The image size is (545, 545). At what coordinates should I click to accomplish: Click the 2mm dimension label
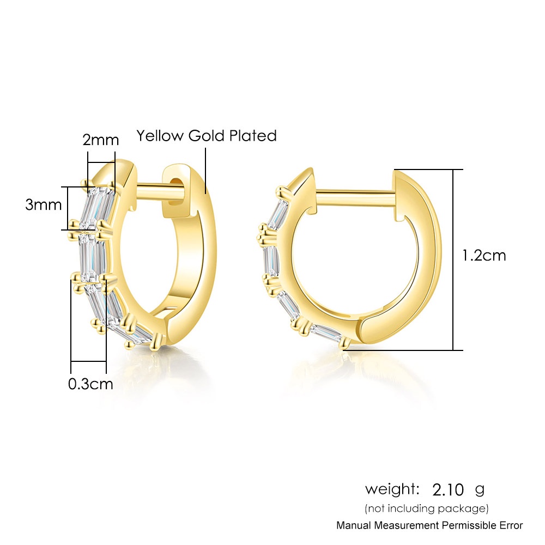point(100,140)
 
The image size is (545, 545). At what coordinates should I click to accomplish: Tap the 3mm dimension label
point(43,204)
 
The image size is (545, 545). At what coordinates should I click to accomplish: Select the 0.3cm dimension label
point(90,384)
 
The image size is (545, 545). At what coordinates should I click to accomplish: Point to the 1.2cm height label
point(483,256)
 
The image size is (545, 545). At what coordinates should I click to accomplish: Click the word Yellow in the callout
point(160,136)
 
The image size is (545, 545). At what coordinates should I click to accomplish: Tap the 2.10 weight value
point(448,490)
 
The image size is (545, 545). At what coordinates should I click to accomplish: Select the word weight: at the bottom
point(392,489)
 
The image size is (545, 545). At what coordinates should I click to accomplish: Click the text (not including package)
point(427,508)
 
